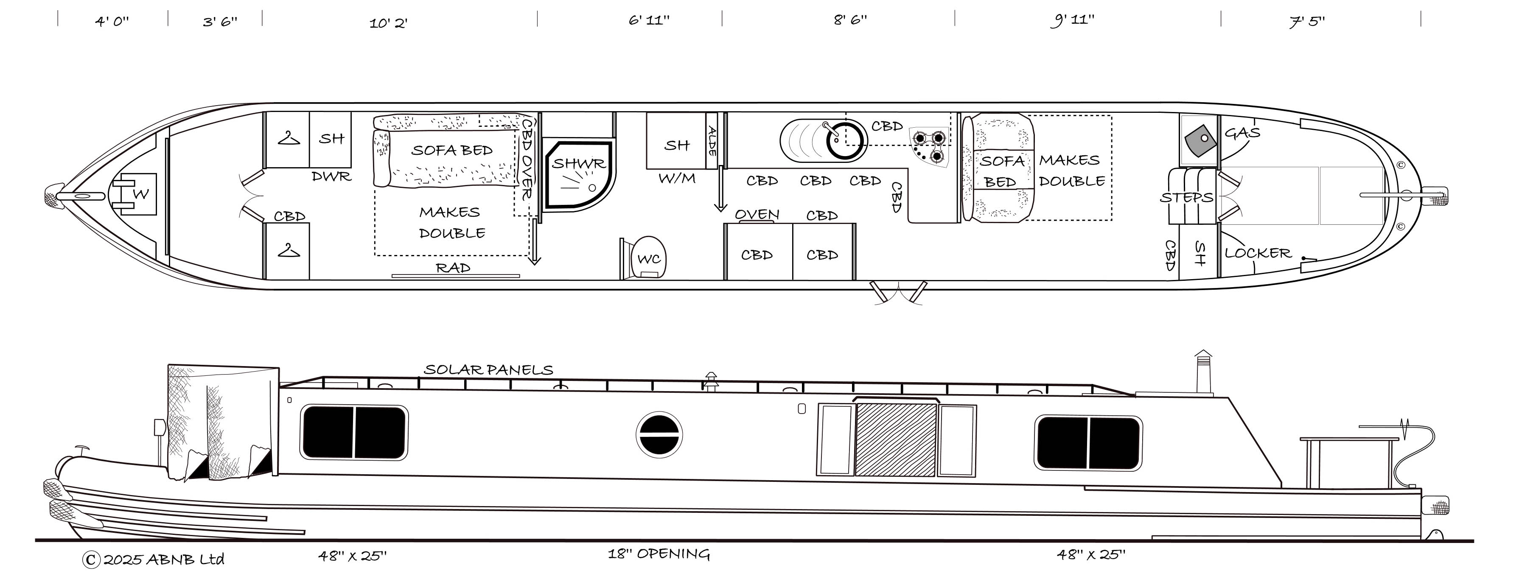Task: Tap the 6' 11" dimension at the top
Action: tap(649, 20)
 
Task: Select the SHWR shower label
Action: tap(578, 163)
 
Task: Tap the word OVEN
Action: tap(757, 214)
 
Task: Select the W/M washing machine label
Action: tap(676, 178)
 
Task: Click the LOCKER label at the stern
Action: tap(1258, 253)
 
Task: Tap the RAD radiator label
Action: tap(453, 268)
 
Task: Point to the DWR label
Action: tap(331, 176)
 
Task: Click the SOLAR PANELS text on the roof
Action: tap(488, 370)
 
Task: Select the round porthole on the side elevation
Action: tap(659, 434)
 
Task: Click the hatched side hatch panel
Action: tap(896, 439)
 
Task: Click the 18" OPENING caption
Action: tap(659, 554)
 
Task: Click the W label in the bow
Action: tap(140, 194)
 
